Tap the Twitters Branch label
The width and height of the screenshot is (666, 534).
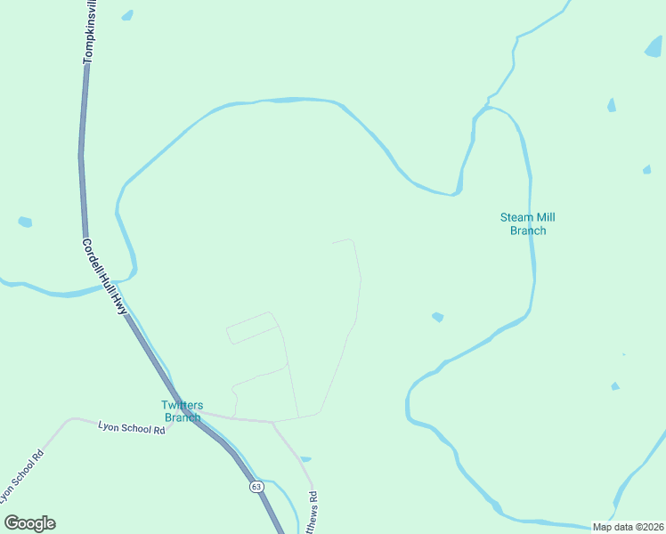pos(183,411)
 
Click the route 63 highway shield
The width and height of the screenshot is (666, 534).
pos(256,487)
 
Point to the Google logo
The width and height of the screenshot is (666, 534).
pos(29,523)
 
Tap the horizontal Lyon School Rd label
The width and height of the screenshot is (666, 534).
pos(132,429)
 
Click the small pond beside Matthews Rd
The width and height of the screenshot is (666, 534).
pos(305,459)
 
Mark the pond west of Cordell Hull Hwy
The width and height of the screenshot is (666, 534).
pos(25,222)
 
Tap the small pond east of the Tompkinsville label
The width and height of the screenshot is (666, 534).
pos(127,15)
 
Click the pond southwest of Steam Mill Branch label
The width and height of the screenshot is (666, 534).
pos(437,317)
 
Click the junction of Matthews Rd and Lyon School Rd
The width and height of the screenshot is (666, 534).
pos(272,423)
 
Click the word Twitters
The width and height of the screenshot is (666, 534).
pos(183,405)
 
